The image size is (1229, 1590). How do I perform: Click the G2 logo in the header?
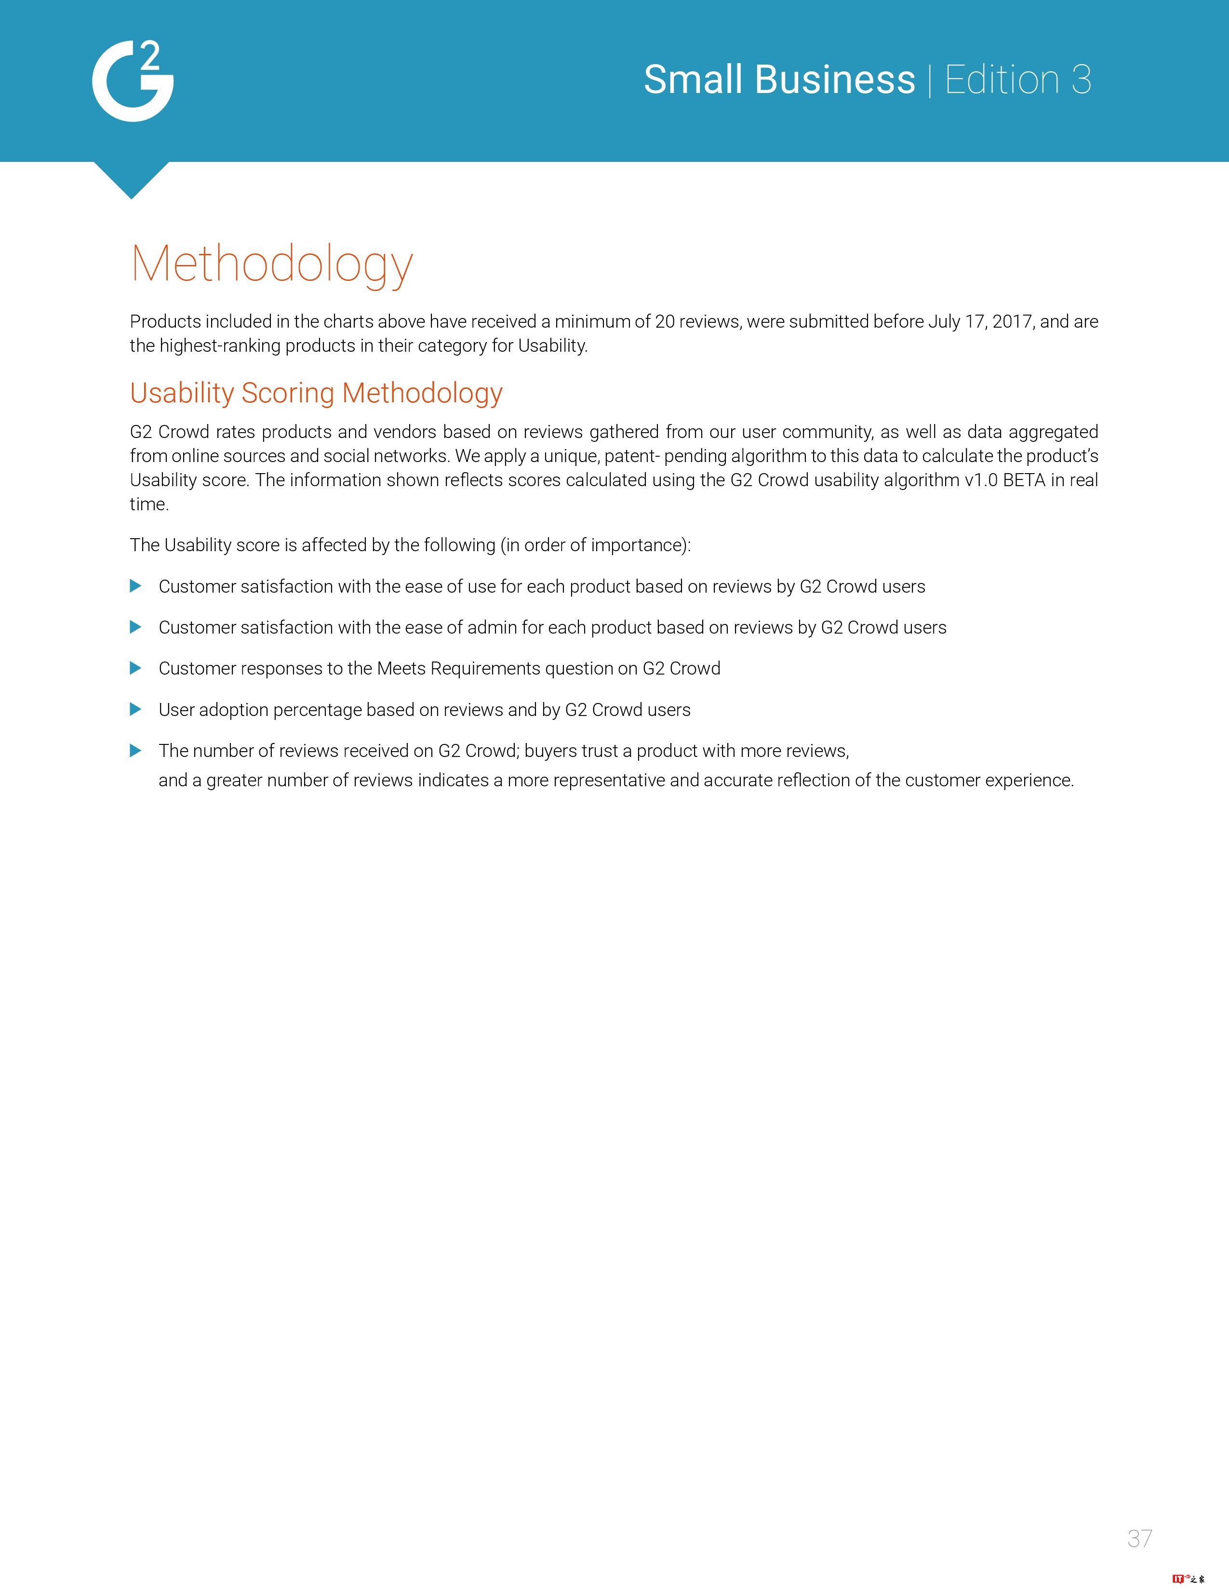click(133, 81)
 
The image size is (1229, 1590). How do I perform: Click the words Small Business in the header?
click(779, 79)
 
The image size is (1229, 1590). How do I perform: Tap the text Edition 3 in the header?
click(1018, 79)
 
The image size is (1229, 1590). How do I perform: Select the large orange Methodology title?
click(271, 264)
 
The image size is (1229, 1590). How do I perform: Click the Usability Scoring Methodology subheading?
click(316, 393)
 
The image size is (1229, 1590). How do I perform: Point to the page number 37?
click(1139, 1538)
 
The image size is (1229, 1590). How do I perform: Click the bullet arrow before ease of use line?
click(135, 586)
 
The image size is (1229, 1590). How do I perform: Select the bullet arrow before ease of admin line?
click(135, 627)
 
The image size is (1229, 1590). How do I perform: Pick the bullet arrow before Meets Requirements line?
click(135, 668)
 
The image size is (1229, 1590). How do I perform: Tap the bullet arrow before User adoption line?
click(135, 709)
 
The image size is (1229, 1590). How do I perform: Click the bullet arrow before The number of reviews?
click(135, 751)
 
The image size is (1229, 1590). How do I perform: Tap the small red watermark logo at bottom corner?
click(1188, 1579)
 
